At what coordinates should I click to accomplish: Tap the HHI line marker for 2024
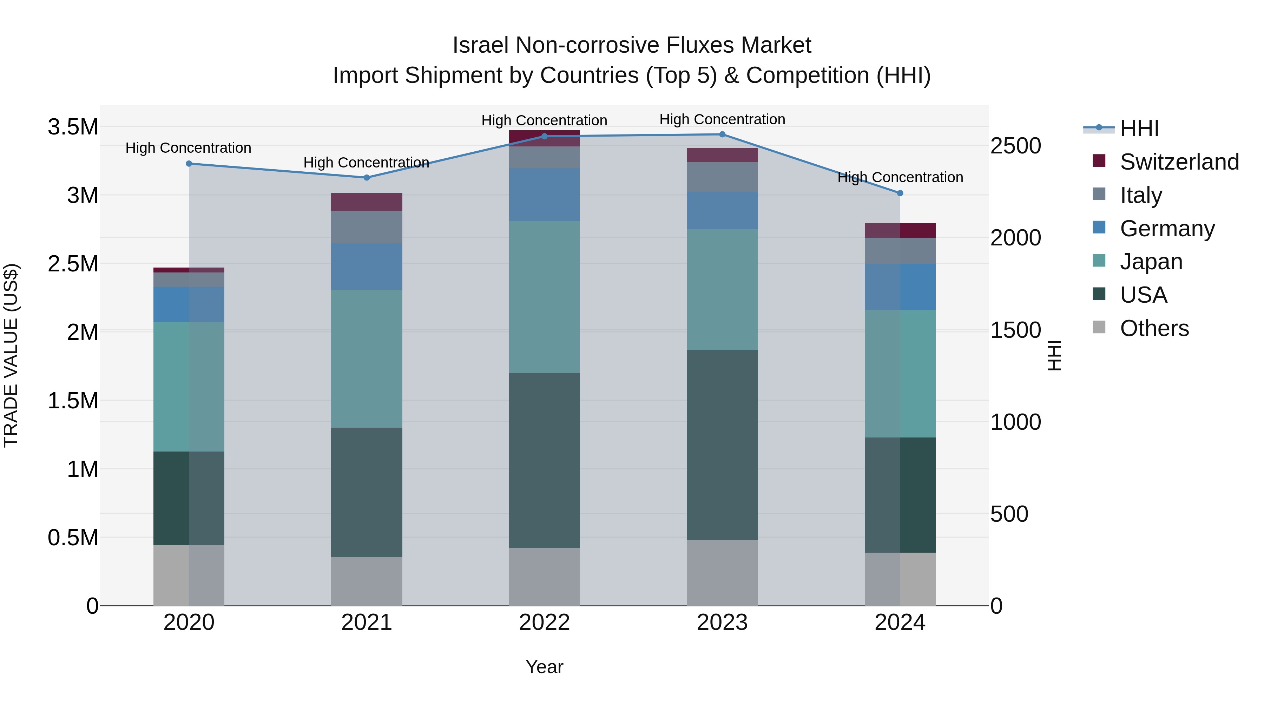[900, 193]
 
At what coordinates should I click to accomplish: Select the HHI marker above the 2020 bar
[189, 163]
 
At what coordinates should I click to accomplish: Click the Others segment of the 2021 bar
[367, 581]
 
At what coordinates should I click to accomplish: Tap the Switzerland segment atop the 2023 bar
[722, 155]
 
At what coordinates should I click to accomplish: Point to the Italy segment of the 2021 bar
[367, 227]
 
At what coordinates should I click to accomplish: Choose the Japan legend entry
[1151, 262]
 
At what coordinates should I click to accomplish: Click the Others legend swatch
[1099, 327]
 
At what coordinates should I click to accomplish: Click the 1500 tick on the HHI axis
[1015, 330]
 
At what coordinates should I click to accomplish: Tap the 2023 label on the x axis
[722, 623]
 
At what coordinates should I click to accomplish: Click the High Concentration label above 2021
[366, 163]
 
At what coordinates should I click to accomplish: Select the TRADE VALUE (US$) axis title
[11, 355]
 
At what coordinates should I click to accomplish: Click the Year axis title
[544, 667]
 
